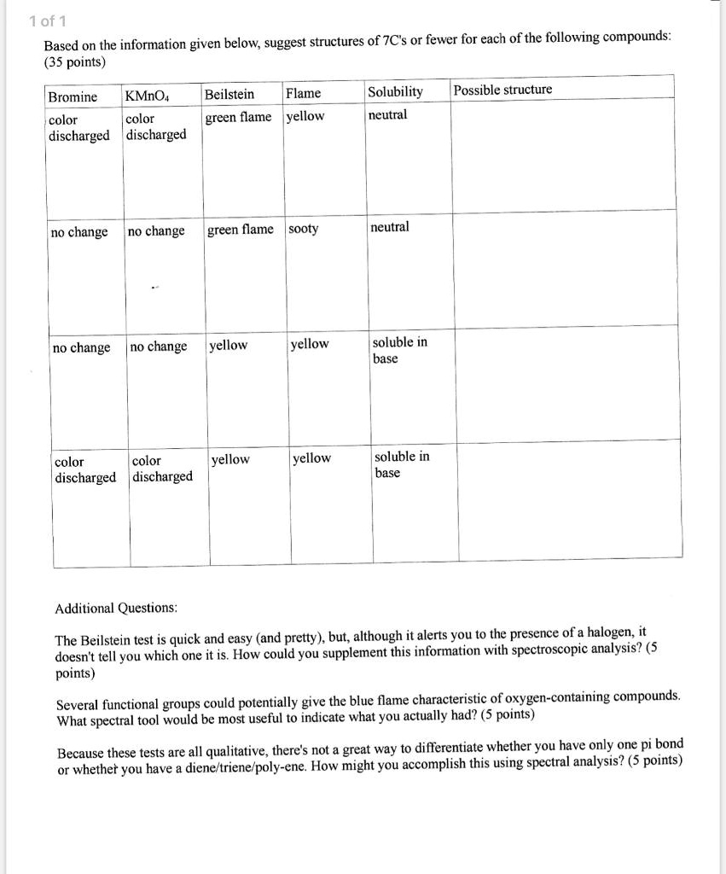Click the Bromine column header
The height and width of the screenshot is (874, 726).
73,96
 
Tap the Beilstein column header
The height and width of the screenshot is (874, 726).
229,94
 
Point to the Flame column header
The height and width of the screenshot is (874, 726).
304,93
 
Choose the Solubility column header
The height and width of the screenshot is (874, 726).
395,91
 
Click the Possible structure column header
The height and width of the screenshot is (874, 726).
503,90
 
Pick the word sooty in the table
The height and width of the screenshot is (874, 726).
304,229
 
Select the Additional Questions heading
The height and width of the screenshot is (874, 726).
116,608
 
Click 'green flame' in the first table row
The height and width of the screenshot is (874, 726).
238,117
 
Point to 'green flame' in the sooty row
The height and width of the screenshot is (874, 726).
241,229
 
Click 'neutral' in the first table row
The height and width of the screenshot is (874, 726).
388,114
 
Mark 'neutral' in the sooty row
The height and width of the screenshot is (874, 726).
390,226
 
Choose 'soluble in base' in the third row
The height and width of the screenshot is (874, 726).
399,350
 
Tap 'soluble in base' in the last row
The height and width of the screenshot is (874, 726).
401,464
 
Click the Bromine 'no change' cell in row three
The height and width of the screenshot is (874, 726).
81,347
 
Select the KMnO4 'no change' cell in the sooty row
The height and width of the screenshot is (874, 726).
156,231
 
